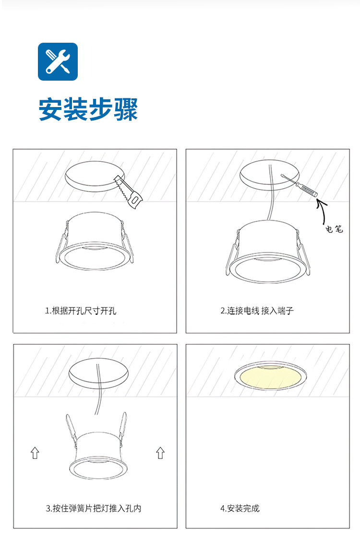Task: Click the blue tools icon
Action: (x=58, y=61)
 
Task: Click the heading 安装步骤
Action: (x=88, y=109)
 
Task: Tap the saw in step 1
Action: (x=128, y=192)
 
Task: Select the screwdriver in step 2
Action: (x=300, y=186)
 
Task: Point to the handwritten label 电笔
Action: (x=334, y=228)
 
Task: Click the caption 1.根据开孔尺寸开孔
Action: (x=81, y=311)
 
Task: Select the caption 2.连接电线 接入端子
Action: (x=257, y=311)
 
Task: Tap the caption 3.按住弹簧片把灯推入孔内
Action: (x=94, y=508)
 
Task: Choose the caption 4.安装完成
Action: (x=240, y=508)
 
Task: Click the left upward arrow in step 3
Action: (x=35, y=453)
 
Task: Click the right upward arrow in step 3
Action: (x=160, y=453)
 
